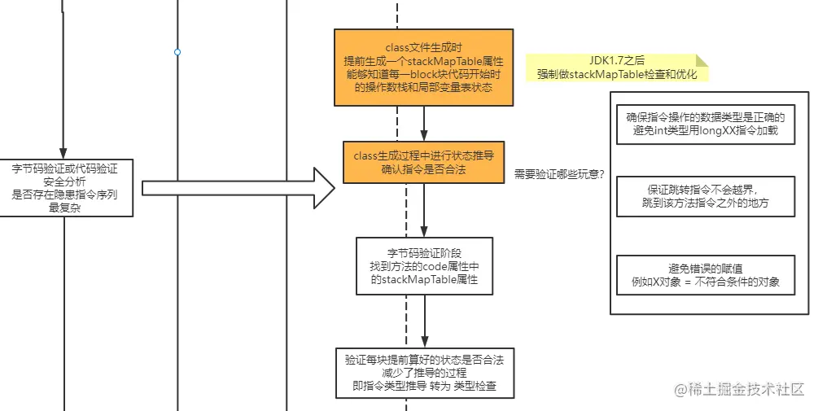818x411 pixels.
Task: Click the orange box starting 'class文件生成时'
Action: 424,68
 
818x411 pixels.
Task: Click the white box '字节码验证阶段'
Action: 424,265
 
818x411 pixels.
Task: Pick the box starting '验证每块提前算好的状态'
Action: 426,373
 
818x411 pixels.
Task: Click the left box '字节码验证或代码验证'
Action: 65,187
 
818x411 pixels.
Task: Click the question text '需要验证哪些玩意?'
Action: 559,175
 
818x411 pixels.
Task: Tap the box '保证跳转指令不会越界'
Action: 705,196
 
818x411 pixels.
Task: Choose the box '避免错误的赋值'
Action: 705,275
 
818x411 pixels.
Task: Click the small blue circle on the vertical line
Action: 177,52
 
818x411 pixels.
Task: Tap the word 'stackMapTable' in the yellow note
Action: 610,74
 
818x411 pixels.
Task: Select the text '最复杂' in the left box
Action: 65,208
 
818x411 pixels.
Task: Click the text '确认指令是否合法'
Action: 424,169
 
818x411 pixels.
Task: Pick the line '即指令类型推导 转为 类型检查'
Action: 426,387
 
